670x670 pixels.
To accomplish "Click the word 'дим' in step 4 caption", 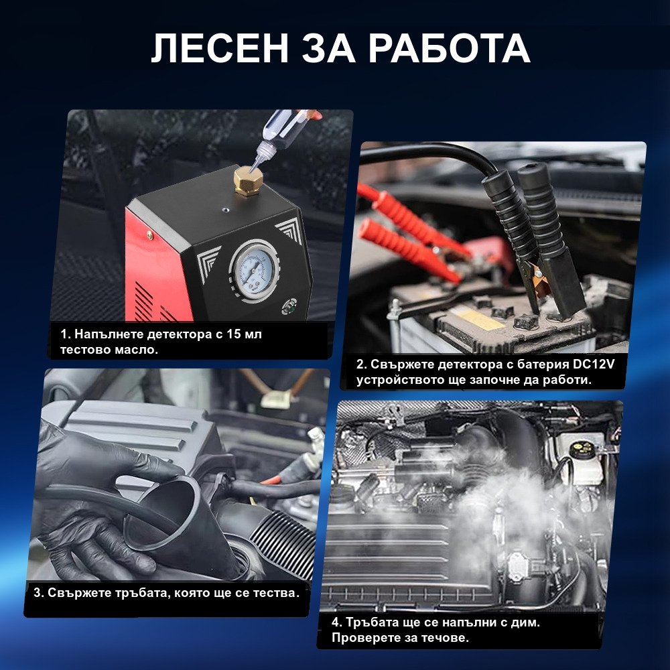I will (x=525, y=623).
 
